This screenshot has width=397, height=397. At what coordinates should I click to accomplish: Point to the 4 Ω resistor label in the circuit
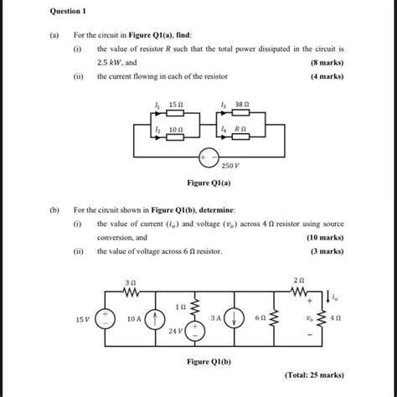(x=336, y=319)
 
